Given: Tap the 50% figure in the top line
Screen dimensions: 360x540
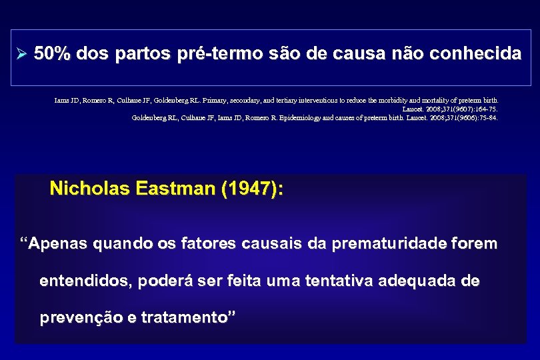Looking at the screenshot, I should point(52,54).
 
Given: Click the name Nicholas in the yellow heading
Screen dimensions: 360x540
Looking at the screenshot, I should point(89,189).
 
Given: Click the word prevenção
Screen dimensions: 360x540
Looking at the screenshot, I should point(79,318).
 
